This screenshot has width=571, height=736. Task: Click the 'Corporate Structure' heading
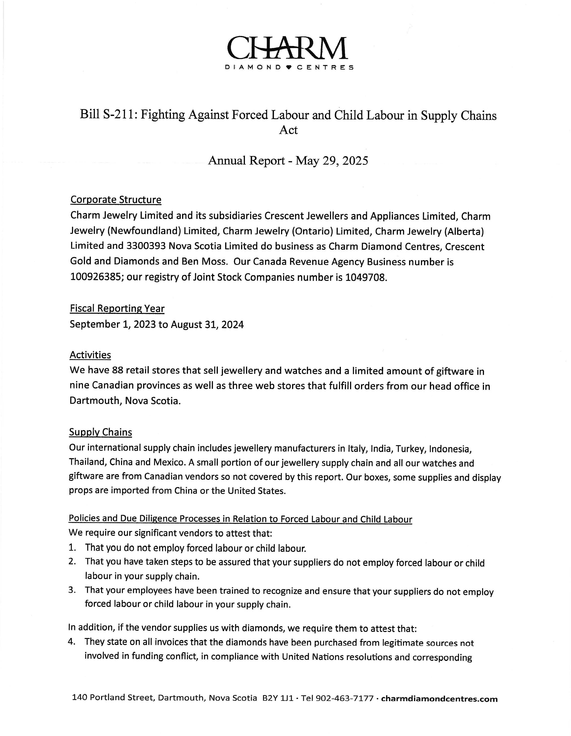click(x=116, y=200)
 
